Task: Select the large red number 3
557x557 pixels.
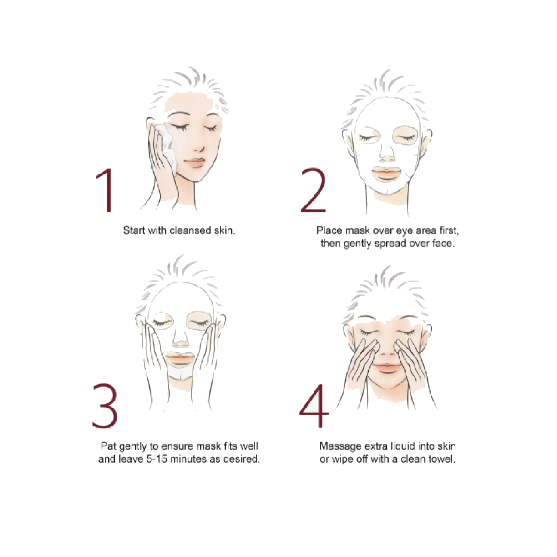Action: tap(105, 406)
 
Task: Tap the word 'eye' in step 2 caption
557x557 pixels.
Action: tap(403, 230)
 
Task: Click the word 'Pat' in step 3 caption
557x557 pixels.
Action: tap(108, 446)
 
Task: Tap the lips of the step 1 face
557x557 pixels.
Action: tap(194, 162)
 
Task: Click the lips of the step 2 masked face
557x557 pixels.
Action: tap(387, 173)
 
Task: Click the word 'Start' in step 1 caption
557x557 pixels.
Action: tap(134, 230)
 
